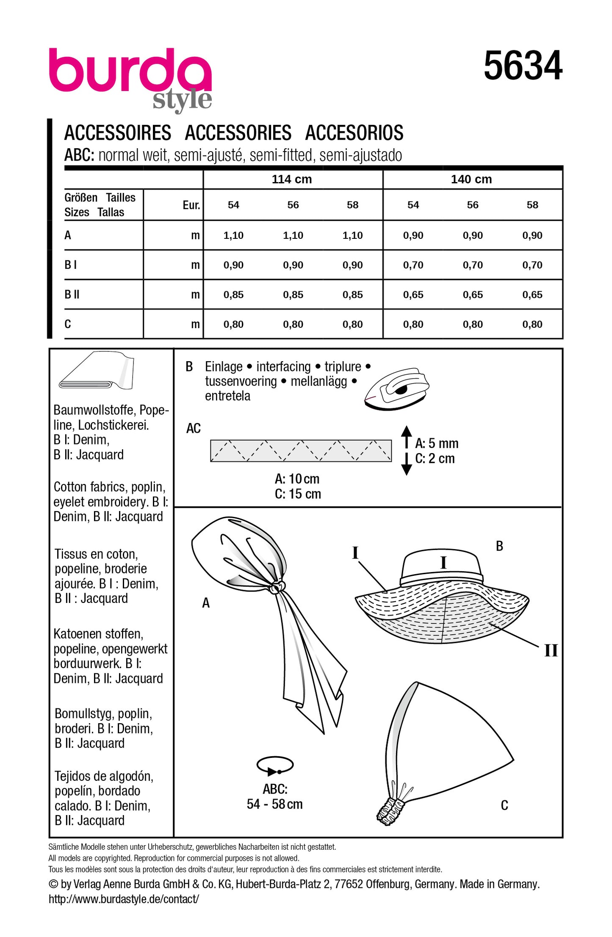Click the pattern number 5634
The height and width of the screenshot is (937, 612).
[523, 66]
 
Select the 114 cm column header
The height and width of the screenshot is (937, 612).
[292, 179]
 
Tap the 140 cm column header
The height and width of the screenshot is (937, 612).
[471, 179]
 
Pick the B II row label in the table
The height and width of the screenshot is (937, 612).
[72, 294]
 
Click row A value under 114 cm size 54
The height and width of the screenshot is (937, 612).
[233, 235]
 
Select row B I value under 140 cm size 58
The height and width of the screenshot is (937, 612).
[532, 265]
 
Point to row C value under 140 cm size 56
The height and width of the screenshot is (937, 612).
[473, 324]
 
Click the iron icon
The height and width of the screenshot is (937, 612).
[396, 388]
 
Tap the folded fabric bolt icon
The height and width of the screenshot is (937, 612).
[97, 370]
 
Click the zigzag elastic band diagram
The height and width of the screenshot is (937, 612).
[301, 451]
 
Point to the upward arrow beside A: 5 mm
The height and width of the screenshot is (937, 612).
[406, 436]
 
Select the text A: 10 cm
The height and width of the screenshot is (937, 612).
[297, 479]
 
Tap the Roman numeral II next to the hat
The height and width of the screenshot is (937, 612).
[551, 650]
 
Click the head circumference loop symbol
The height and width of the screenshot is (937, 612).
[275, 765]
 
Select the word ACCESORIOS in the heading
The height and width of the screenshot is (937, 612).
[354, 133]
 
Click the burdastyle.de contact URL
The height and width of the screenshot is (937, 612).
[124, 899]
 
